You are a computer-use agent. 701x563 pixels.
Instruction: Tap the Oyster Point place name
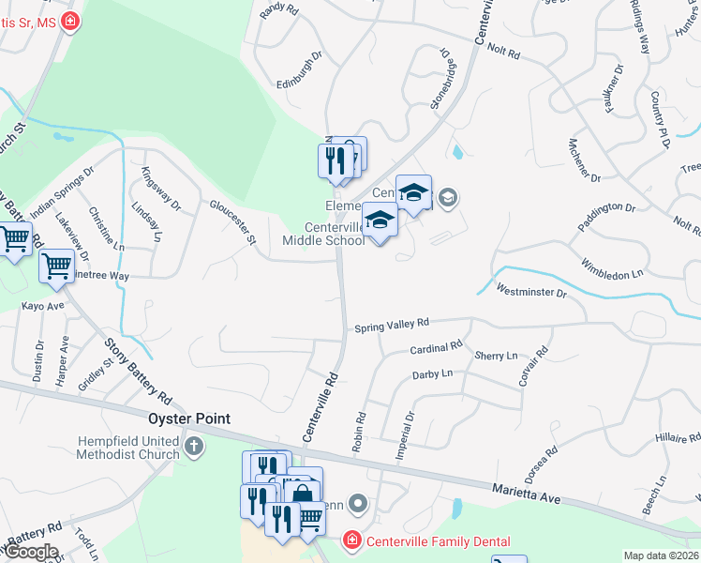(187, 418)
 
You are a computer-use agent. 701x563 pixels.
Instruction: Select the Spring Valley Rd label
(391, 325)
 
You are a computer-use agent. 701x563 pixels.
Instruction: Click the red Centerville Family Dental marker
(350, 540)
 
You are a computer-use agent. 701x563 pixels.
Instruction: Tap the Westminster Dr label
(531, 292)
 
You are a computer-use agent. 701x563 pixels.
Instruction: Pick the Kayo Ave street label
(43, 306)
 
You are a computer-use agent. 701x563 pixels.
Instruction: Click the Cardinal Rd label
(437, 348)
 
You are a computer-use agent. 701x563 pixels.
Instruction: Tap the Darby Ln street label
(433, 374)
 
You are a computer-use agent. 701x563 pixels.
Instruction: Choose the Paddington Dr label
(606, 218)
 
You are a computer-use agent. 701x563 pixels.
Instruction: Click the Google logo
(30, 552)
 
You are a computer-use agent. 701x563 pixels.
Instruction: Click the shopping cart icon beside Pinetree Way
(57, 267)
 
